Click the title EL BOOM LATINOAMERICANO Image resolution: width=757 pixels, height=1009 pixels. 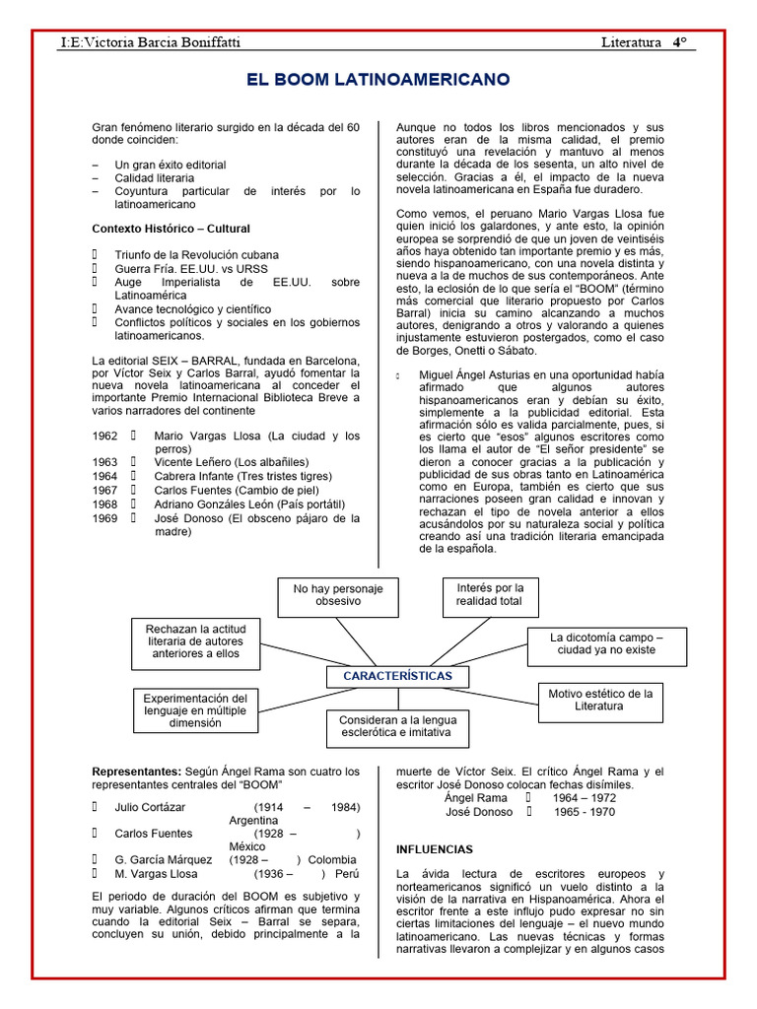coord(378,78)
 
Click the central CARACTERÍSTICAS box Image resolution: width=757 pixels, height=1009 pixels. coord(397,676)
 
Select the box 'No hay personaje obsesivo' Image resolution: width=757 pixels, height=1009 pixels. coord(338,594)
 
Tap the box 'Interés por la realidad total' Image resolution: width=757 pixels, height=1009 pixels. coord(490,594)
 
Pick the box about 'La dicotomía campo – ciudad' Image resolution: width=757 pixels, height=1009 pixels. coord(605,644)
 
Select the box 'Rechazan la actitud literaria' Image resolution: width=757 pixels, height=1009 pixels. coord(188,640)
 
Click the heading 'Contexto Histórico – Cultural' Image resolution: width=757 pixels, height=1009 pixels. coord(171,229)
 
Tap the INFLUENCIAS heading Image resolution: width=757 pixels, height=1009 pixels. coord(434,848)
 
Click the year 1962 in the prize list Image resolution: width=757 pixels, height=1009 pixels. coord(104,436)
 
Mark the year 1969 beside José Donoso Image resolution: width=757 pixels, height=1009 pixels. coord(104,517)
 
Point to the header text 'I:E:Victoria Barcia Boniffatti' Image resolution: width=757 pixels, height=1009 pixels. coord(150,43)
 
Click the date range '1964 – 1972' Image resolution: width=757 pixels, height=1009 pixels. coord(585,797)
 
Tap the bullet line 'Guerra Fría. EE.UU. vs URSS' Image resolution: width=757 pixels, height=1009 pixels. coord(190,268)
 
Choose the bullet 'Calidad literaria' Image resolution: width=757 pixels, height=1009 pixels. coord(155,177)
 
